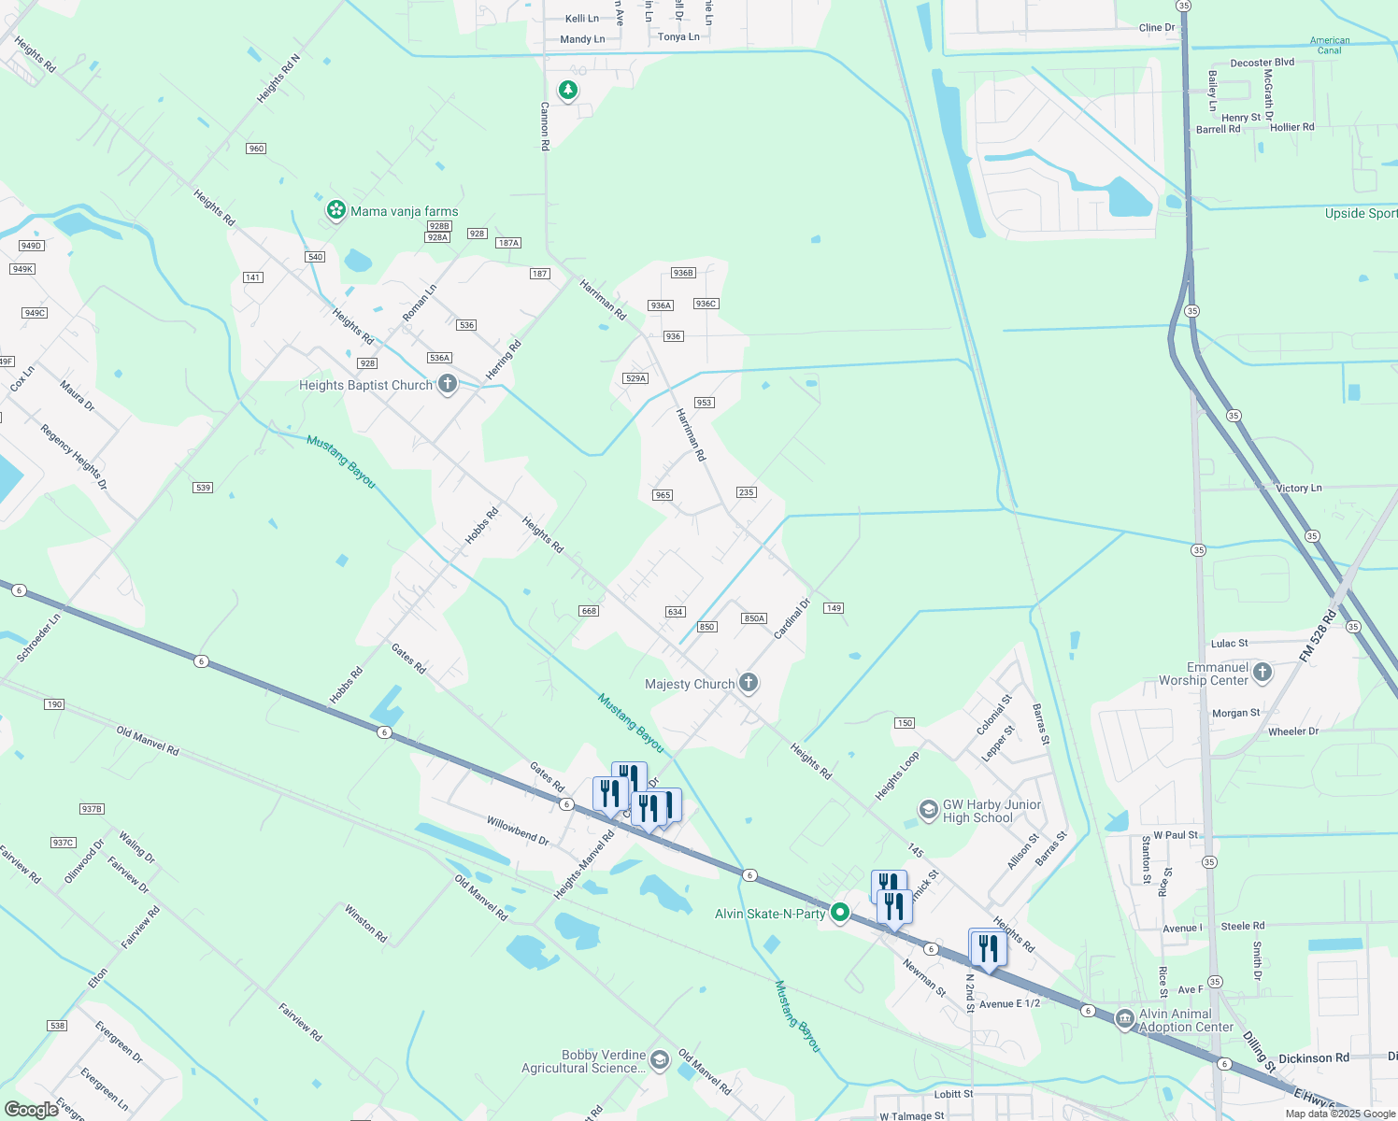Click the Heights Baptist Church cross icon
click(x=448, y=384)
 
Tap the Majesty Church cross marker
click(x=749, y=683)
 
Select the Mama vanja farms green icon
click(x=335, y=210)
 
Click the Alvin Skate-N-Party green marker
click(x=840, y=912)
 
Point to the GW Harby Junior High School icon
click(x=928, y=809)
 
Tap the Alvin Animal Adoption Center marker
click(x=1125, y=1019)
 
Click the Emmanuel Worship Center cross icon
click(x=1262, y=672)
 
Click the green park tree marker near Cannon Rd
click(x=567, y=90)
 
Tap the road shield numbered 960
click(x=257, y=149)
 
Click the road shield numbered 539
click(x=203, y=488)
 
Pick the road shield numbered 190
click(x=54, y=704)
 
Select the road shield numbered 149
click(x=834, y=608)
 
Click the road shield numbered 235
click(x=746, y=492)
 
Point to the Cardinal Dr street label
click(x=792, y=618)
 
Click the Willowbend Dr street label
click(x=518, y=830)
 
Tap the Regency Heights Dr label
click(x=74, y=457)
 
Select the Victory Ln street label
click(x=1299, y=488)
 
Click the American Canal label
click(x=1329, y=45)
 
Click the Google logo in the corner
click(x=31, y=1109)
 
